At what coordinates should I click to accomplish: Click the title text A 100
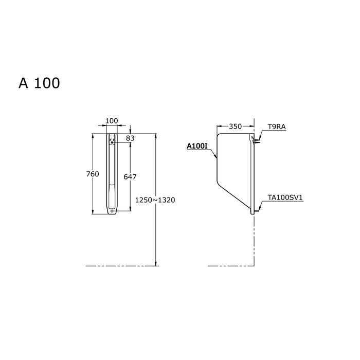39,83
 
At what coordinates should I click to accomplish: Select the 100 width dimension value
111,121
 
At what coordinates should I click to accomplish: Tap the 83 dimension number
130,138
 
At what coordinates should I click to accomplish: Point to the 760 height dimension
92,174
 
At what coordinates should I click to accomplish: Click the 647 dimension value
130,176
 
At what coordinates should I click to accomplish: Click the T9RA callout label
278,127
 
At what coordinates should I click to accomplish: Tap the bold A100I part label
197,147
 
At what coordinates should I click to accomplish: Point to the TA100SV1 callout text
284,197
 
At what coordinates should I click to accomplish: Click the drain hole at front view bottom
112,210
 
